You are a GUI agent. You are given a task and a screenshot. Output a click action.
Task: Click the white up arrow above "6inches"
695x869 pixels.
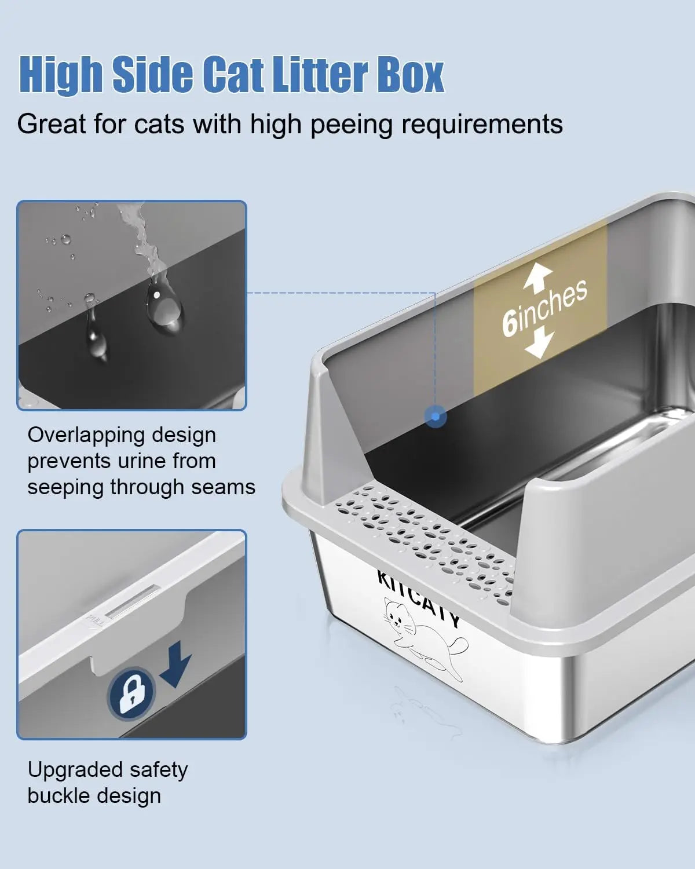click(537, 277)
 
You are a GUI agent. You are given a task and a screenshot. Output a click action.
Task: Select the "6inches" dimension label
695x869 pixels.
click(544, 307)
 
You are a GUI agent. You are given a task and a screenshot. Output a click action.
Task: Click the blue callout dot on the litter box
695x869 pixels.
click(436, 416)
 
